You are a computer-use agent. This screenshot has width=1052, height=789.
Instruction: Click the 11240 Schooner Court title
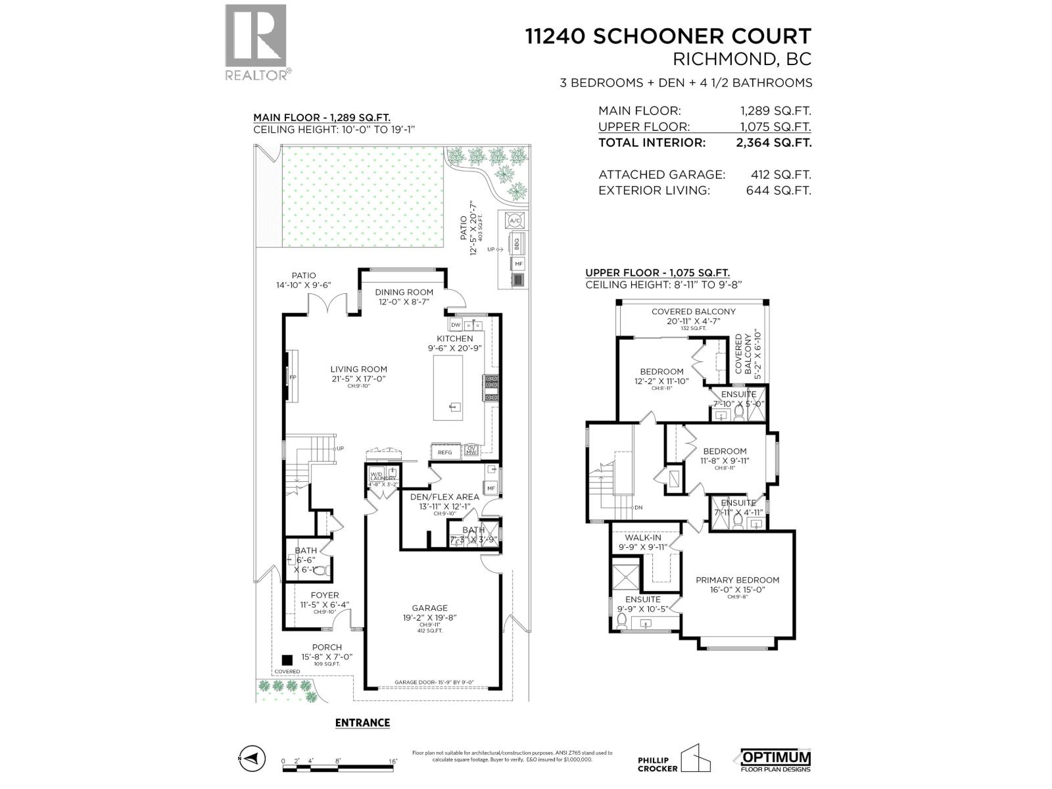pos(668,36)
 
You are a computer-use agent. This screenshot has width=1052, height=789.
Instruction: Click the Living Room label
pos(358,370)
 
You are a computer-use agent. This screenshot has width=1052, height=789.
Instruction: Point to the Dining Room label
pos(404,292)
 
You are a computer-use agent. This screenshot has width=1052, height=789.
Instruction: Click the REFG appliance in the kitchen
pos(445,452)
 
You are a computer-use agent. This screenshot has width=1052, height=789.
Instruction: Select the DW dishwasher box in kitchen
pos(456,325)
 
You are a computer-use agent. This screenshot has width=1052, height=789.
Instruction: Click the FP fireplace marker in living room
pos(293,377)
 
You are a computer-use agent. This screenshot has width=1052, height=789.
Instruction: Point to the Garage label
pos(429,608)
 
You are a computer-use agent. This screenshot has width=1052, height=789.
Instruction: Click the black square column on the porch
pos(287,659)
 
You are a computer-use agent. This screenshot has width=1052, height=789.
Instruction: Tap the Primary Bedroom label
pos(737,580)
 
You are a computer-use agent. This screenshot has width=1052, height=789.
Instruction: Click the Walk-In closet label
pos(642,538)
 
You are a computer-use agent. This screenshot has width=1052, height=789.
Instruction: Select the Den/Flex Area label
pos(444,497)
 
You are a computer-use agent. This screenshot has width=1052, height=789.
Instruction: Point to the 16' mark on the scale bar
pos(392,761)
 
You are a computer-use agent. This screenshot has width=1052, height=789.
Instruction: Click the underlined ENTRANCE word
pos(362,723)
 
